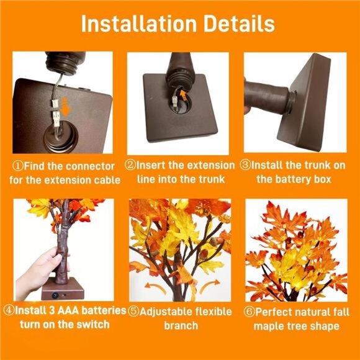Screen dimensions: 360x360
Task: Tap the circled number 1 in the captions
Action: click(18, 166)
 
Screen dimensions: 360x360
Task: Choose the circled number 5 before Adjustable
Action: click(132, 311)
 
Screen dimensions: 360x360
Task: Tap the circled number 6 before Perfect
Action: click(250, 311)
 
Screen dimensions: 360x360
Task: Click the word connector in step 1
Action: click(84, 166)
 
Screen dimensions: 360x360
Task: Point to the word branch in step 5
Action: click(181, 325)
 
